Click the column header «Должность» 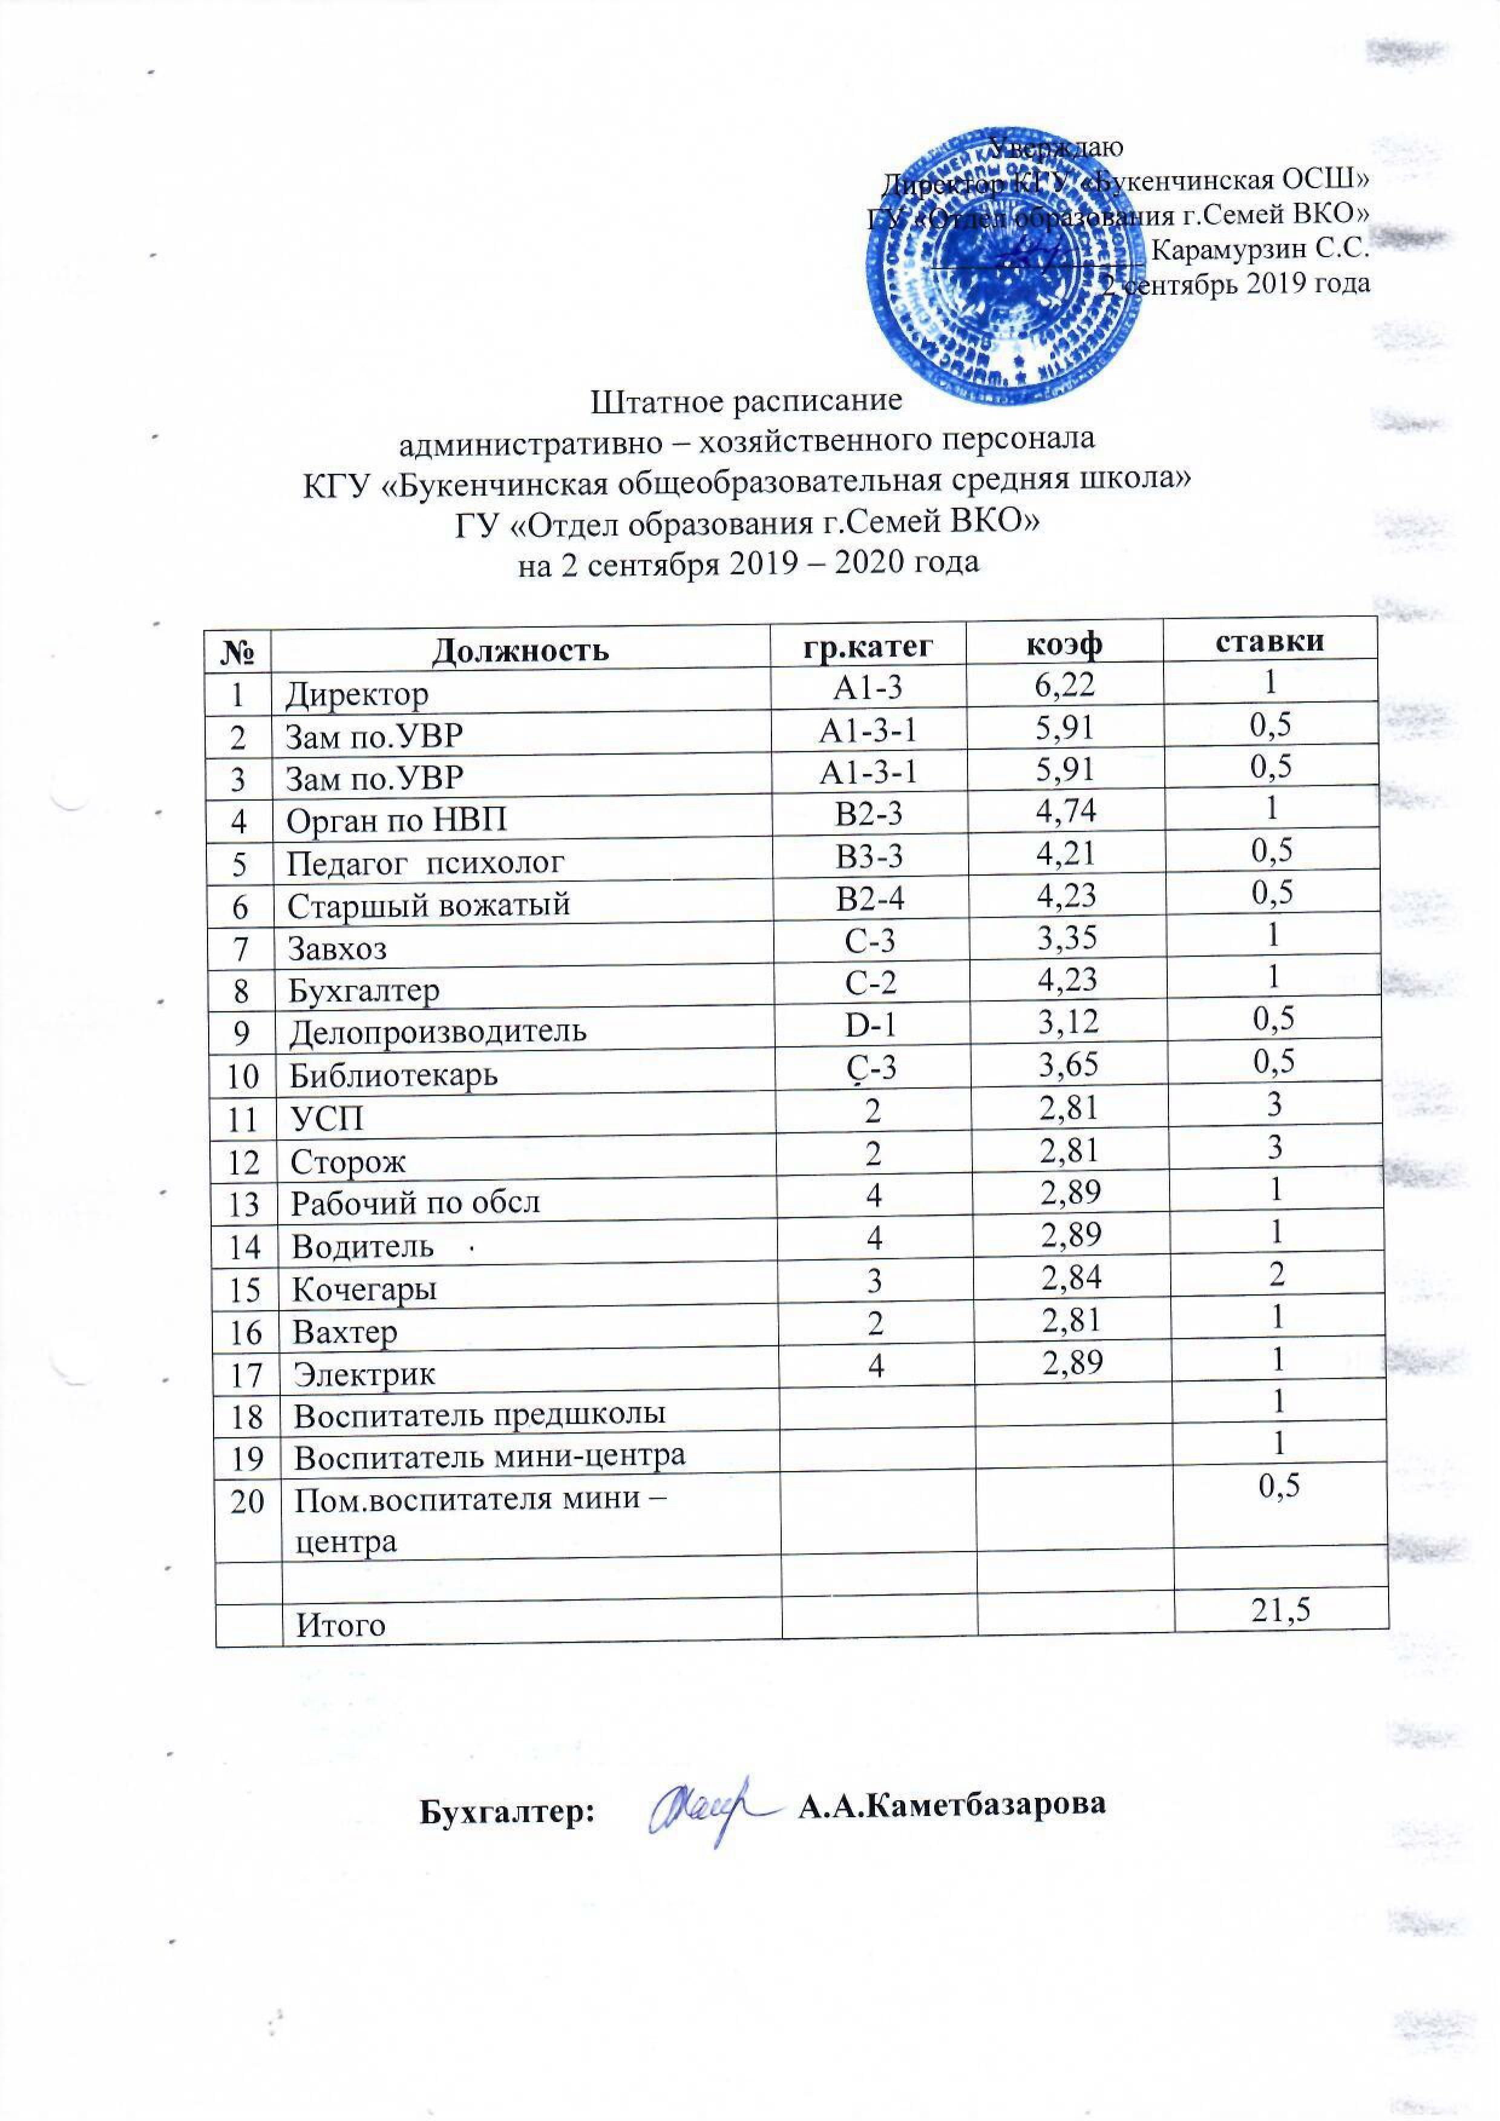point(520,648)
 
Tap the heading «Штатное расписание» point(744,402)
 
